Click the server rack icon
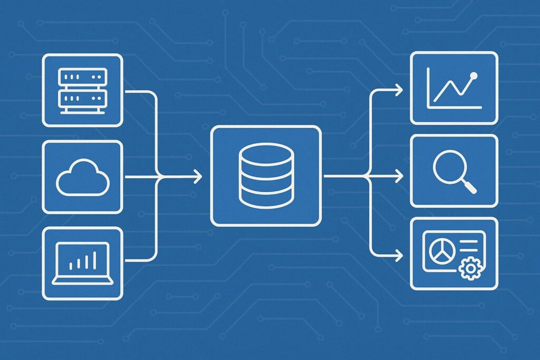(82, 90)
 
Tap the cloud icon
(82, 178)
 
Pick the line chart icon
(454, 88)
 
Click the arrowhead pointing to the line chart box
(399, 90)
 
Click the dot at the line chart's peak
(473, 75)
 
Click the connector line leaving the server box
(140, 91)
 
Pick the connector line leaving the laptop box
(140, 259)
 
